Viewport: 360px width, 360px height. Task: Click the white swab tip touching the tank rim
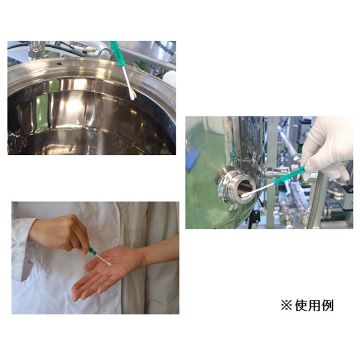pyautogui.click(x=132, y=94)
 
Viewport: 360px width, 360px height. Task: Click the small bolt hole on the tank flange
pyautogui.click(x=59, y=63)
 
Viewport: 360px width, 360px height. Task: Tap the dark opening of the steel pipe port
pyautogui.click(x=245, y=189)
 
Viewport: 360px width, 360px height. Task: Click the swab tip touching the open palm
pyautogui.click(x=108, y=264)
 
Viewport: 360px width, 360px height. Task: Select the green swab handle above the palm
pyautogui.click(x=92, y=251)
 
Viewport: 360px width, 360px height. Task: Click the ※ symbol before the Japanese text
pyautogui.click(x=286, y=306)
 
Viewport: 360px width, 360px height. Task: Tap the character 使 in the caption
pyautogui.click(x=301, y=306)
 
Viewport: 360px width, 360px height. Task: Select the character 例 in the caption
pyautogui.click(x=327, y=306)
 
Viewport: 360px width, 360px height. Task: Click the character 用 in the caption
pyautogui.click(x=314, y=306)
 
